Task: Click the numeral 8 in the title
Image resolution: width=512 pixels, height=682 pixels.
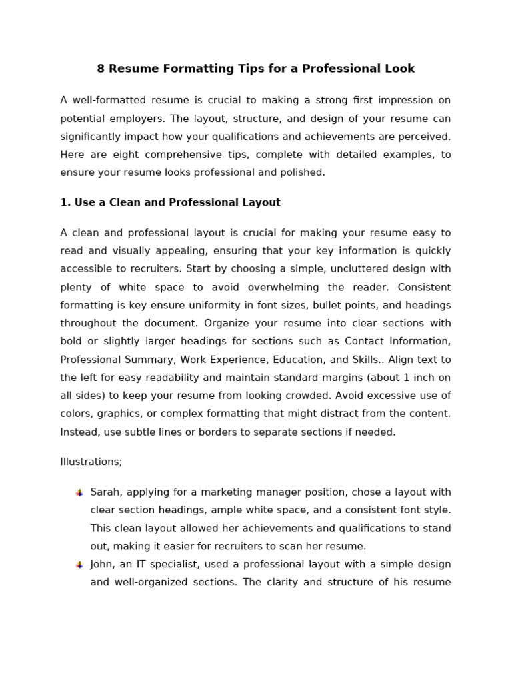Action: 101,69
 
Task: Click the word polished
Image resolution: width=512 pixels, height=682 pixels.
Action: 302,172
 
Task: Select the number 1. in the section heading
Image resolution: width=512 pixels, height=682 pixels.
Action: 65,202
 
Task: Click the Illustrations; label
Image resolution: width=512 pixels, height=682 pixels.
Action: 91,462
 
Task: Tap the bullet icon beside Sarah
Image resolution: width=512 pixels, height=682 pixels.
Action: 79,493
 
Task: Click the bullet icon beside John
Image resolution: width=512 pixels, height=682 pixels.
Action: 79,565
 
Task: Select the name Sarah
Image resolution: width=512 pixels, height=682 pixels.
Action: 105,492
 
